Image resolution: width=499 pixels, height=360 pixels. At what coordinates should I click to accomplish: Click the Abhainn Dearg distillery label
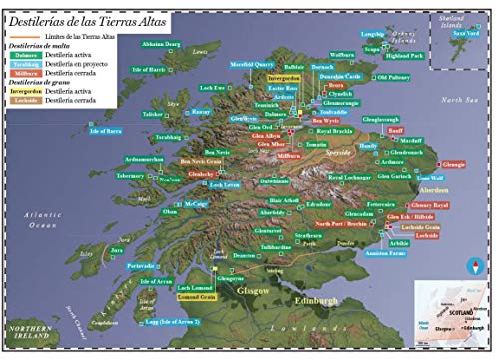click(160, 45)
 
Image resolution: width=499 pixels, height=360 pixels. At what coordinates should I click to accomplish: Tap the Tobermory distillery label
click(130, 174)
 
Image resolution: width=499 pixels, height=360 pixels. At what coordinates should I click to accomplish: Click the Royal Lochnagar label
click(350, 177)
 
